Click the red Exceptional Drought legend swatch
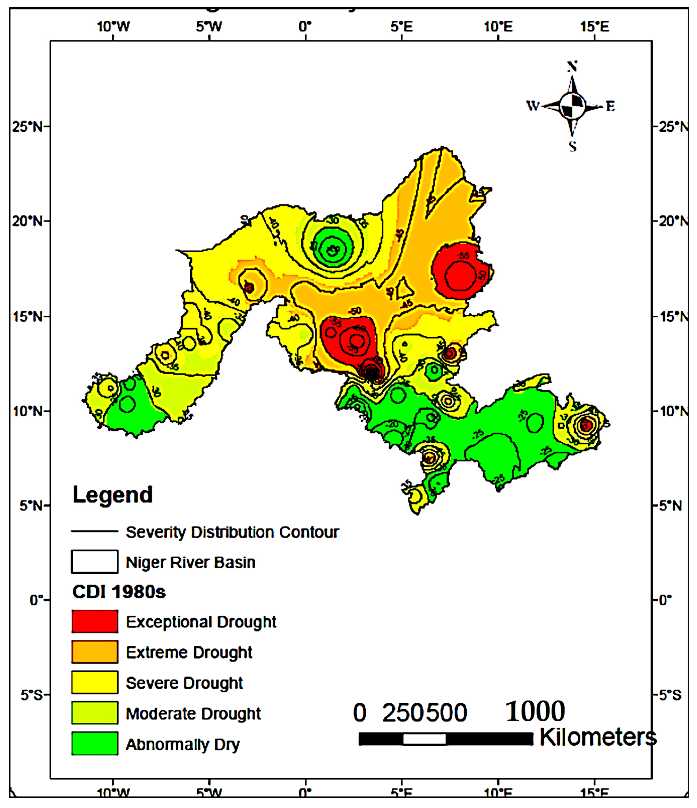pos(94,621)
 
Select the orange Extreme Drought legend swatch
pos(94,652)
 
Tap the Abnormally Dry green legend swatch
pos(94,744)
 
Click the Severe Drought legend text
pos(184,683)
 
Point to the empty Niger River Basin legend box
pos(94,561)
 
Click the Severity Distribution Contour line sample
pos(94,531)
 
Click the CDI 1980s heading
pos(119,592)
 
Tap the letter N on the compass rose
pos(572,67)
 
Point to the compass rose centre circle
pos(572,106)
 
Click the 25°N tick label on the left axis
pos(27,127)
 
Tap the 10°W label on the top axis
pos(113,27)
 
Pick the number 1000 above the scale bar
pos(535,711)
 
